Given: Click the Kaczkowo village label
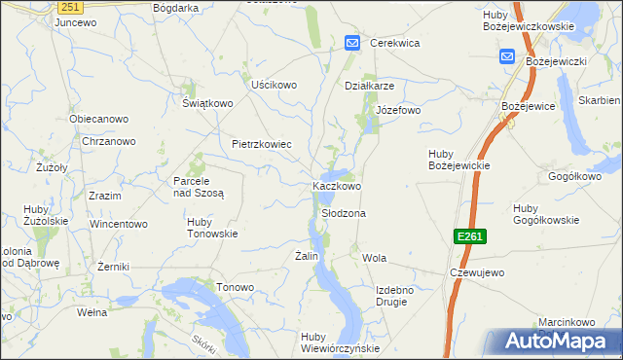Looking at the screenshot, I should pos(337,186).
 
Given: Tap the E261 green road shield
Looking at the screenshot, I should pos(469,237).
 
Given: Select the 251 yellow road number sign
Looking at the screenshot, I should pos(68,7).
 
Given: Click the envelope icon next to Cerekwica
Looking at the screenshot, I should pos(352,43).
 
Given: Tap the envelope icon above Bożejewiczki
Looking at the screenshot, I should pos(507,55).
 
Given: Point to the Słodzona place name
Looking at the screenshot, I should pos(344,212).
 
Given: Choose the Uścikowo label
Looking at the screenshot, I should pos(274,85).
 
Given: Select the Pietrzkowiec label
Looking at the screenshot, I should pos(262,144).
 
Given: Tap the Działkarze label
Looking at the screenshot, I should pos(369,85).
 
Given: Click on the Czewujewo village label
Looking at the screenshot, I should pos(476,272).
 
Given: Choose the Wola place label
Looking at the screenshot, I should pos(375,258).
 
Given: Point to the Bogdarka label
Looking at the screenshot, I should pos(176,7).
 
